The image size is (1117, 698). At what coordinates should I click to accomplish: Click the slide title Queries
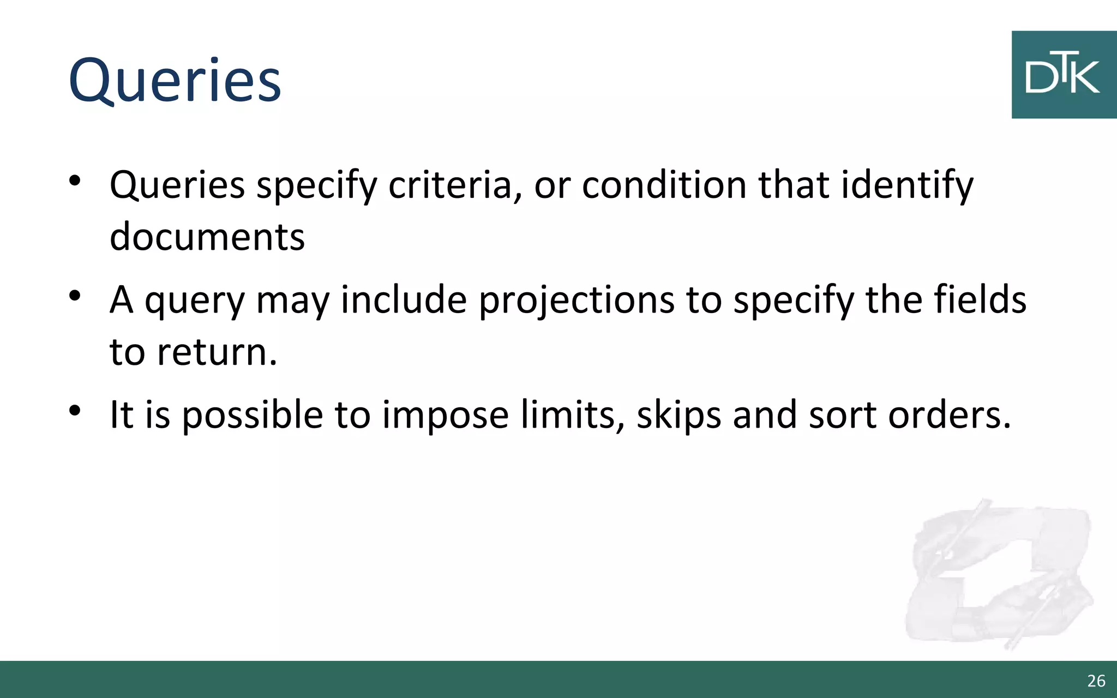175,80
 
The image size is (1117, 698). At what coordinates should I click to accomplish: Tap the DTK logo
1064,75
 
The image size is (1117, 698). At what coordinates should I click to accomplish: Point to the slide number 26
1096,681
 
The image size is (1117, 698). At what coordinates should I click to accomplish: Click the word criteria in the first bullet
451,185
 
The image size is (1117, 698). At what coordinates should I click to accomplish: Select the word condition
664,185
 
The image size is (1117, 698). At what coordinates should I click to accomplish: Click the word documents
207,237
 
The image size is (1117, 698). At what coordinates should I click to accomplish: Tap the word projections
576,301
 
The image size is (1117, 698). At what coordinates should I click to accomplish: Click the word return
217,352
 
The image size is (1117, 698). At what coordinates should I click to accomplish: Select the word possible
252,416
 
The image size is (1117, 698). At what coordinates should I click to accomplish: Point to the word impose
445,416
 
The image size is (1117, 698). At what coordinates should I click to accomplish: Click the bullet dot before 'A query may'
75,297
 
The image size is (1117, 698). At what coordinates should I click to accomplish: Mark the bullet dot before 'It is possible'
75,411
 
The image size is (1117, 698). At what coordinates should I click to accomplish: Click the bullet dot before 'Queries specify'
75,181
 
